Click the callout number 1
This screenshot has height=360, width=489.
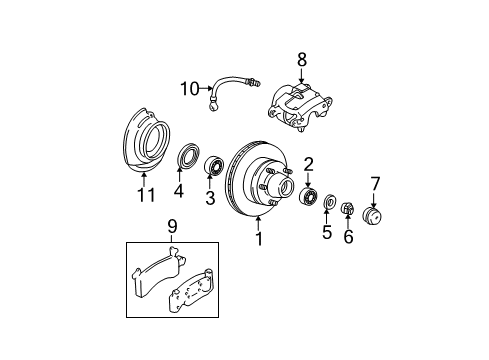click(258, 240)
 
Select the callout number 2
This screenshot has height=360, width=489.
click(309, 164)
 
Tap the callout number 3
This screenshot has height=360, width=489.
click(210, 198)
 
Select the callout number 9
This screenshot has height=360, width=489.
click(171, 225)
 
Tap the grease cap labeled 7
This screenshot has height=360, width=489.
click(375, 217)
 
